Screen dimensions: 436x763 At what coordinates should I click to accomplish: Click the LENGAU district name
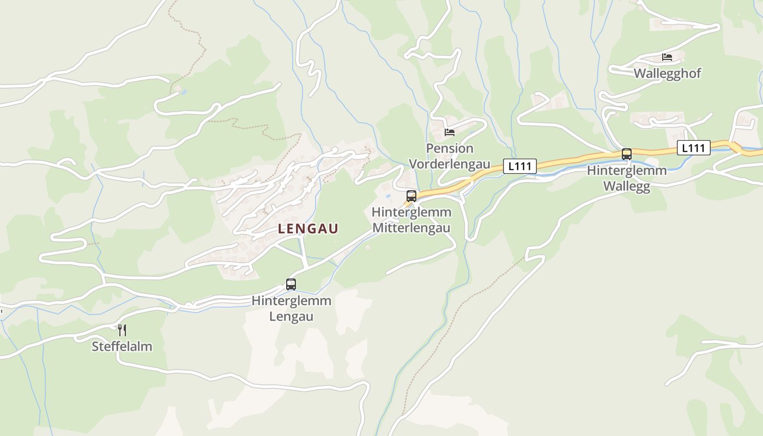click(308, 229)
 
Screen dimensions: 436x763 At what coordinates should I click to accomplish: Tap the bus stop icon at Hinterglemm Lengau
click(291, 284)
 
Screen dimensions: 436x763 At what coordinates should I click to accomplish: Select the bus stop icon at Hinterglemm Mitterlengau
click(411, 196)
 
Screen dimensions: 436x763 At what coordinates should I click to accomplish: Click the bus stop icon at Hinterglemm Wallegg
click(627, 154)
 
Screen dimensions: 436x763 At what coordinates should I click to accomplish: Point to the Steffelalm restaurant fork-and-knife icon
click(122, 330)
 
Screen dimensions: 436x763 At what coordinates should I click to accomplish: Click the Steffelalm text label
click(122, 347)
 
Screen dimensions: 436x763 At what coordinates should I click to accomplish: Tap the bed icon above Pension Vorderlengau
click(450, 132)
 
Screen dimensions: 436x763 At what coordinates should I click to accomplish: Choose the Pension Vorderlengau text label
click(450, 156)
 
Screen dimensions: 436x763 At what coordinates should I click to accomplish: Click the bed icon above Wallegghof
click(667, 57)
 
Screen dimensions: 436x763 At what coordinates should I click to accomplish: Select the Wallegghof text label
click(667, 73)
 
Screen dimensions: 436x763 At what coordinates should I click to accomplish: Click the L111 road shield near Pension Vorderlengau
click(520, 166)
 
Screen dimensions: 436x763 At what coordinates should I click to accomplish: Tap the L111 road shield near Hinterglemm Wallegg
click(694, 148)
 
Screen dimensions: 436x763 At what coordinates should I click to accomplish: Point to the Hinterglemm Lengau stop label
click(292, 308)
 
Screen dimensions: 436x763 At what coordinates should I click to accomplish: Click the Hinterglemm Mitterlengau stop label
click(411, 220)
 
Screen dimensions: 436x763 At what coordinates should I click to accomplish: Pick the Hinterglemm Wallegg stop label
click(627, 178)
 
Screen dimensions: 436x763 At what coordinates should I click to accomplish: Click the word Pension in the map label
click(450, 148)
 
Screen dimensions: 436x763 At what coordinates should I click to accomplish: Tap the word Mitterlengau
click(411, 228)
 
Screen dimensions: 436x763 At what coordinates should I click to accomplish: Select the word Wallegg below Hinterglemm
click(627, 186)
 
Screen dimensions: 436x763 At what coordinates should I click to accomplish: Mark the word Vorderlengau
click(450, 164)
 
